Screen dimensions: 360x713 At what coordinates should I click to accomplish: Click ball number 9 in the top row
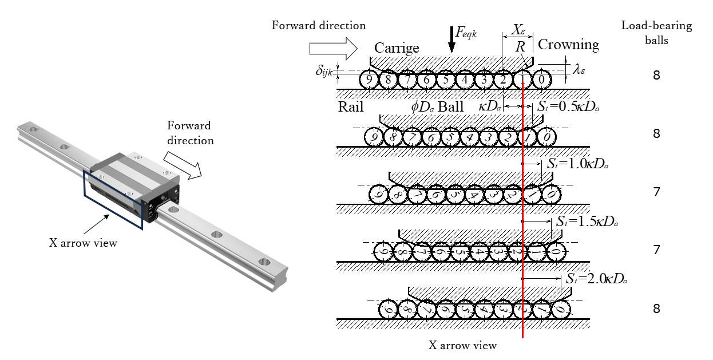point(369,79)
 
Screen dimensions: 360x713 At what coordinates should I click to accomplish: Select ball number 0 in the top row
point(541,79)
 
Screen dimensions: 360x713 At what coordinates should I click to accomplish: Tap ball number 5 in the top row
point(446,79)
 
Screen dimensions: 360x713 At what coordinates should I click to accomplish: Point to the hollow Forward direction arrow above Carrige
point(332,46)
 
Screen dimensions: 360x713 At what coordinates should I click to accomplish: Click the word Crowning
point(568,45)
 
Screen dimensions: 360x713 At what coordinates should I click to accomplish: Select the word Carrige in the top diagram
point(397,48)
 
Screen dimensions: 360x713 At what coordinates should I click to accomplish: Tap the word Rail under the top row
point(350,107)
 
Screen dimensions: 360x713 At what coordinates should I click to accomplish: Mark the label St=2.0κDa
point(595,279)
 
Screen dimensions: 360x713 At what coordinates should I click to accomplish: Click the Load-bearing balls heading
point(656,33)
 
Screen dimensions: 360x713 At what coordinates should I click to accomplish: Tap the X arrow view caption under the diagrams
point(462,345)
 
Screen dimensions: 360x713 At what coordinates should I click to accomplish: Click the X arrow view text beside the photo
point(83,243)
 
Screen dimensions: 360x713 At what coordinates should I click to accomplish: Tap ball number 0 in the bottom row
point(561,310)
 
